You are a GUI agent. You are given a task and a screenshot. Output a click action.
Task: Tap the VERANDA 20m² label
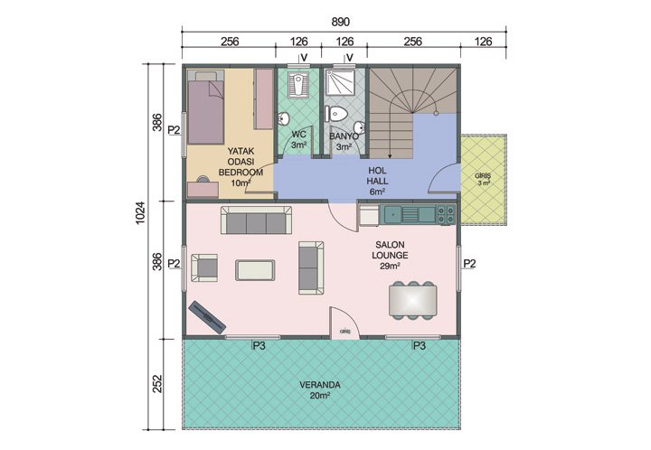[x=320, y=389]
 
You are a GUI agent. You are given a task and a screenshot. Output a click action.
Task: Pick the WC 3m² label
[x=298, y=140]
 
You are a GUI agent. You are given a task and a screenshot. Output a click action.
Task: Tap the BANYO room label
[x=344, y=141]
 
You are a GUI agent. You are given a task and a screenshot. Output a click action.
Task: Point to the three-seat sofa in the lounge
[x=256, y=220]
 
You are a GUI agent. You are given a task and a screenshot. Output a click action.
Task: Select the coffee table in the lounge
[x=256, y=269]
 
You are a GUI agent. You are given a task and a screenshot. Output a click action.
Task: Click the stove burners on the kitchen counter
[x=446, y=214]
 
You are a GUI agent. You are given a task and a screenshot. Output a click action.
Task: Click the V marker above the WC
[x=305, y=60]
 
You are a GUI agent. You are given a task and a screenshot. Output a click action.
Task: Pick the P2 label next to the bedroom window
[x=175, y=130]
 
